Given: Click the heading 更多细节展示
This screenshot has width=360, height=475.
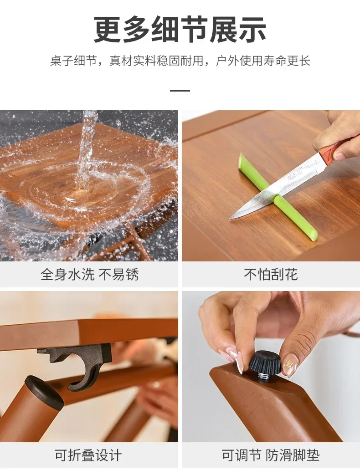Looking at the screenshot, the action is tap(180, 30).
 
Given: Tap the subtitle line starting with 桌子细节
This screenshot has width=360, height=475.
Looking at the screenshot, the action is tap(180, 61).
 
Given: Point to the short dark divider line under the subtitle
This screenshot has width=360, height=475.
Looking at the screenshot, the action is tap(180, 90).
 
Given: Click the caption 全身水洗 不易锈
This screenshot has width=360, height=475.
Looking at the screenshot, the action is tap(90, 275).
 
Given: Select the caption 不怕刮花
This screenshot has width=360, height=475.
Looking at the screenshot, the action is tap(271, 275).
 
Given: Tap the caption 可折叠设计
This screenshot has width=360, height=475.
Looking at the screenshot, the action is tap(88, 455).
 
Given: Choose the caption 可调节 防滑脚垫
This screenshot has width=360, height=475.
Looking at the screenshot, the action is tap(271, 455).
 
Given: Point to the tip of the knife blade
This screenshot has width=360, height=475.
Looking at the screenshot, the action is tap(230, 219).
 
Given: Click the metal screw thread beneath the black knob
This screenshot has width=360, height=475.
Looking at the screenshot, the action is tap(264, 376).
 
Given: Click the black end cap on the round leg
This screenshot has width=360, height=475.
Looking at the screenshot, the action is tap(44, 390).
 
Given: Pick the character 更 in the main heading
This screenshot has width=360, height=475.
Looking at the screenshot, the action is tap(107, 30).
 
